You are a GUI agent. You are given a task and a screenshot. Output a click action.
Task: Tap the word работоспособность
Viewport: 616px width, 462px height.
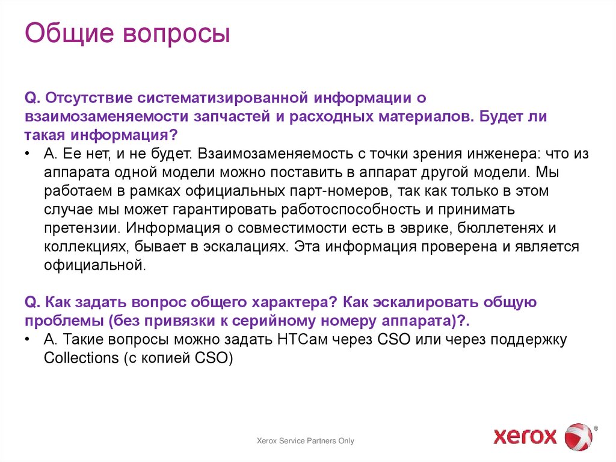(342, 210)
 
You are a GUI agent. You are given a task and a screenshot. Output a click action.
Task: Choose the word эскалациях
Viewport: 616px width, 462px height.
(253, 248)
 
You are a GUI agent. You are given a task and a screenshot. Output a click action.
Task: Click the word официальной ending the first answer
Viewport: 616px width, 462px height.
(94, 266)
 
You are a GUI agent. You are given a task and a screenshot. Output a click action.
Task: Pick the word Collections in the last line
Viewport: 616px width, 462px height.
(81, 358)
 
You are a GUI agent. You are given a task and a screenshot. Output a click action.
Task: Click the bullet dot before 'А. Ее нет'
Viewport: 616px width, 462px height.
(29, 154)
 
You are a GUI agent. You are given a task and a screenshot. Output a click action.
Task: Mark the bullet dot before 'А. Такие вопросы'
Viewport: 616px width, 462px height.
(29, 340)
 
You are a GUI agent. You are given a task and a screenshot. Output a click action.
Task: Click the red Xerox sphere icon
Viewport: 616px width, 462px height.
(577, 436)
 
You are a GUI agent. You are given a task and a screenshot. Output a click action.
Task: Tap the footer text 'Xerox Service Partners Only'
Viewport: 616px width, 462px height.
(306, 441)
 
